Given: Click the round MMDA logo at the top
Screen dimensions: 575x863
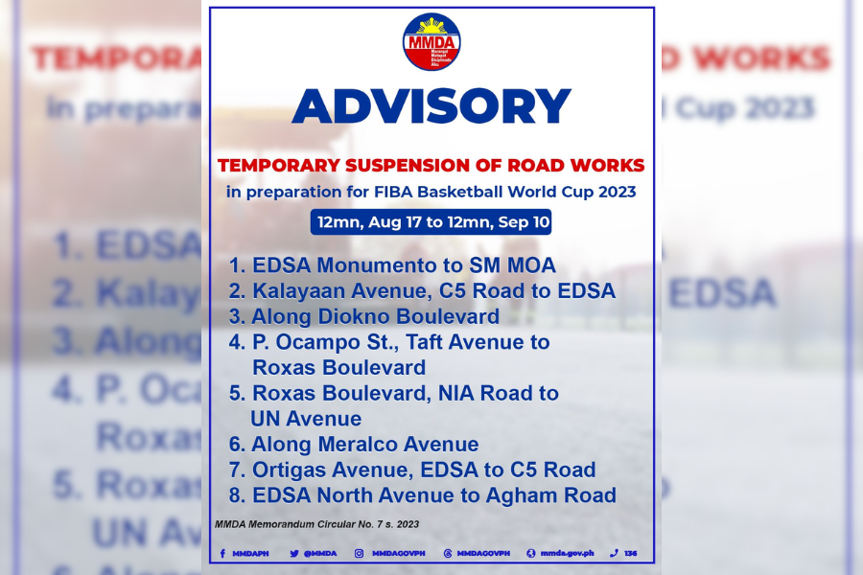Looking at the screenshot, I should (x=431, y=42).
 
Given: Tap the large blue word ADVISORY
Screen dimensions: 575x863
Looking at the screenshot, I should (x=431, y=105).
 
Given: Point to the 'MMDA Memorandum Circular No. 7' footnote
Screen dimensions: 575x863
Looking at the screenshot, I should (x=316, y=524).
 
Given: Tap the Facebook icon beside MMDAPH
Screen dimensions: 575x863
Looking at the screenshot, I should (x=222, y=553).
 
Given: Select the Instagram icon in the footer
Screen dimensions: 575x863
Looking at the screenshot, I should (x=359, y=553).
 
